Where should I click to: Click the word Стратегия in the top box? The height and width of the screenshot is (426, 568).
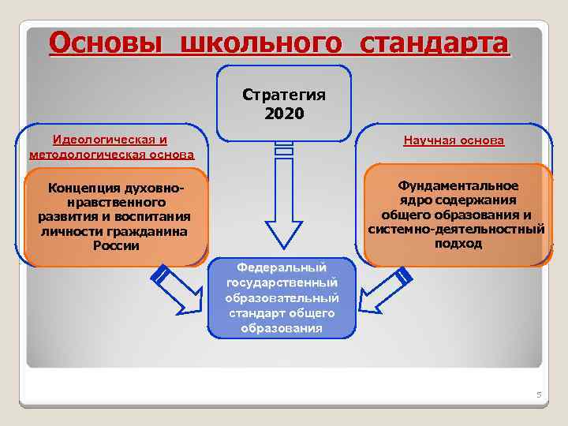coord(284,95)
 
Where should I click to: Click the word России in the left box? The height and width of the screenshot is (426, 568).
coord(116,245)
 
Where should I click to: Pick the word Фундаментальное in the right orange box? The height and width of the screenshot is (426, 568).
coord(458,185)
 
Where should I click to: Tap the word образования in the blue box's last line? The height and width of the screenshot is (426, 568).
coord(282,327)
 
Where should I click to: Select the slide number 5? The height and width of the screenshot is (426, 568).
coord(539,394)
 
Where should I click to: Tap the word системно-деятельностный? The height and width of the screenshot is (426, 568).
coord(457,229)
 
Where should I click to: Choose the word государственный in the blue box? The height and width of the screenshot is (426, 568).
coord(282,282)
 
